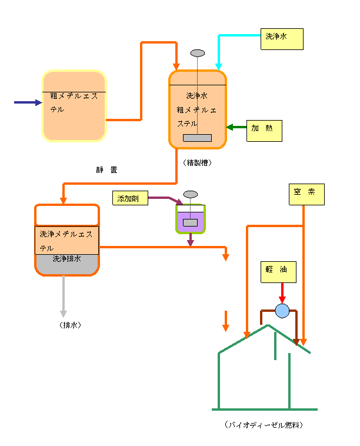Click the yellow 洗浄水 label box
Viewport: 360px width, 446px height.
click(282, 39)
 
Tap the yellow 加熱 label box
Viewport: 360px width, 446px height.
click(264, 131)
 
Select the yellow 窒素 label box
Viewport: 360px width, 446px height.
click(306, 195)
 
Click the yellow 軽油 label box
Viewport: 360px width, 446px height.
click(279, 272)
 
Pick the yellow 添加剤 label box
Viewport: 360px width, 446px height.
click(129, 198)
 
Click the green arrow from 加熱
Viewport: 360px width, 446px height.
click(236, 127)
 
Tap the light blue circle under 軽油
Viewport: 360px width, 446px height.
click(282, 311)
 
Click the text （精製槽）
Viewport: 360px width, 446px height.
click(197, 163)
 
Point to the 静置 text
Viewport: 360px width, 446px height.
click(106, 170)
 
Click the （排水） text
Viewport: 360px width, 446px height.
click(70, 325)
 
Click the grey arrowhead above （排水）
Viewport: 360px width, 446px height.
click(64, 313)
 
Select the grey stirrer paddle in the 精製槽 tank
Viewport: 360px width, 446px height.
click(197, 138)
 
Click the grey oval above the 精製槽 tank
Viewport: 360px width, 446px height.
click(198, 53)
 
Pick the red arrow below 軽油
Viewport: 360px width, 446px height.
click(282, 293)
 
